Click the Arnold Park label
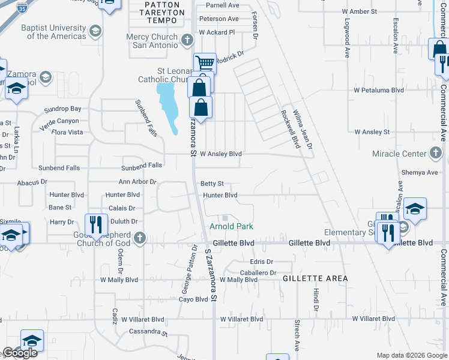coord(231,226)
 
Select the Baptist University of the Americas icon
coord(95,31)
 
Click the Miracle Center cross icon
coord(436,154)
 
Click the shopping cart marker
coord(205,62)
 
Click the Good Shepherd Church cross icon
coord(140,238)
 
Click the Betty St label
coord(212,184)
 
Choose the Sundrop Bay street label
coord(63,109)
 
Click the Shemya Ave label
coord(420,172)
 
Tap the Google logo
coord(20,353)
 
